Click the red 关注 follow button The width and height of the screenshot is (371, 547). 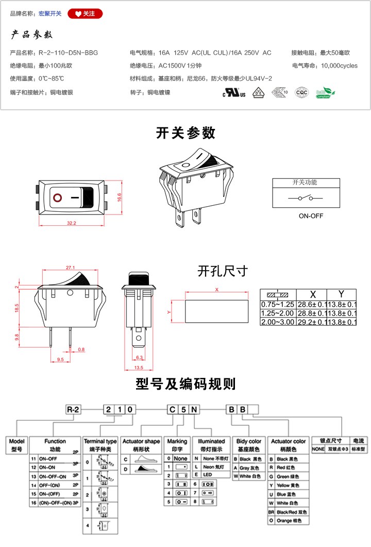click(x=86, y=14)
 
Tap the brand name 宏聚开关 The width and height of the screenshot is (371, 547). click(x=50, y=14)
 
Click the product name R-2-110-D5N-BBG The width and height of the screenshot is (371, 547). click(x=68, y=53)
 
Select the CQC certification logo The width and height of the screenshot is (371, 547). click(x=301, y=93)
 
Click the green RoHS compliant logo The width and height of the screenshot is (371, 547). click(x=325, y=93)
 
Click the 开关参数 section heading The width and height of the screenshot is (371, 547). click(x=185, y=132)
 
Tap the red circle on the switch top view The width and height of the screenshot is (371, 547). click(x=57, y=197)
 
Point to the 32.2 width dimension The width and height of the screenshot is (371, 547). click(x=71, y=223)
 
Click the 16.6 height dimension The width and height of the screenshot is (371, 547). click(x=119, y=197)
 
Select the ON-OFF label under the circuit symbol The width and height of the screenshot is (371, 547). click(x=311, y=216)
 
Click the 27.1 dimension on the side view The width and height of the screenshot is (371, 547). click(x=71, y=267)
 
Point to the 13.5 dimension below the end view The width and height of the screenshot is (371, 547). click(x=138, y=368)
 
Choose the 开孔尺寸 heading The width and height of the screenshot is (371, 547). click(x=223, y=271)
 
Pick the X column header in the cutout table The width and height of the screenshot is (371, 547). click(x=312, y=293)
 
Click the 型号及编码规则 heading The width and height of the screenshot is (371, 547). click(x=185, y=384)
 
